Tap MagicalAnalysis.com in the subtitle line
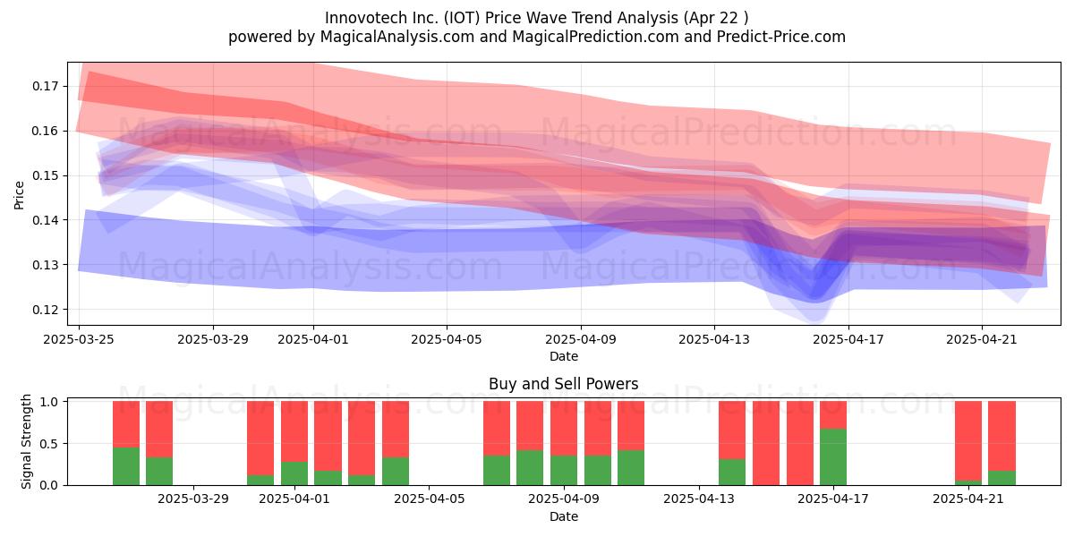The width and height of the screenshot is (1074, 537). click(397, 37)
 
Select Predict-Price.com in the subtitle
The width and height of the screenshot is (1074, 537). click(781, 37)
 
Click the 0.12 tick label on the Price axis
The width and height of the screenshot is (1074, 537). click(45, 310)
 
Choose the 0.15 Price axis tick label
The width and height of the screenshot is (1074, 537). click(45, 176)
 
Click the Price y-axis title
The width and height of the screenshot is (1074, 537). click(19, 195)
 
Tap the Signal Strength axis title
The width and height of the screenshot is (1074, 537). click(26, 441)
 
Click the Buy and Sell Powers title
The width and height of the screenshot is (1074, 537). click(563, 384)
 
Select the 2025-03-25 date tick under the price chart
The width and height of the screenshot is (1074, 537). click(79, 339)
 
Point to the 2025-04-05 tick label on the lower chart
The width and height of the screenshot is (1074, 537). click(429, 499)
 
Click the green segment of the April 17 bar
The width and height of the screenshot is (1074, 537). click(833, 457)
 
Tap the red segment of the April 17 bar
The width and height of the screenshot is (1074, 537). click(833, 415)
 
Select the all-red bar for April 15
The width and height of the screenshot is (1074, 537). click(766, 443)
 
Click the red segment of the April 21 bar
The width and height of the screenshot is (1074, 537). click(968, 440)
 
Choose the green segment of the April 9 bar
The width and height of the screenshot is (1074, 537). click(564, 471)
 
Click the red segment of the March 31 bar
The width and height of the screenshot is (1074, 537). click(260, 439)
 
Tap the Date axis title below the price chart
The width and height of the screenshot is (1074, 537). click(564, 357)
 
